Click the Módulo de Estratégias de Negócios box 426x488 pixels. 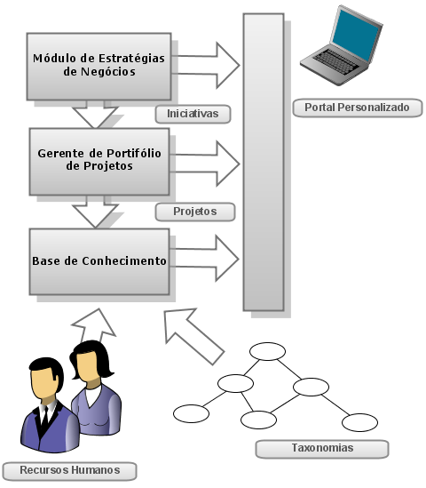(x=99, y=67)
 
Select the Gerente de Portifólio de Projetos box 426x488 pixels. (x=99, y=162)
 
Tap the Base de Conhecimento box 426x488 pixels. (x=99, y=261)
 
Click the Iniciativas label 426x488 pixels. (x=193, y=114)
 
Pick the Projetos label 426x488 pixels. (x=195, y=212)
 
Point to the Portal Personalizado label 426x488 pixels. (x=358, y=108)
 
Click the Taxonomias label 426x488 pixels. (x=322, y=449)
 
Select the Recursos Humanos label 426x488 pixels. (x=69, y=471)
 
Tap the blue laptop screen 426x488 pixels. (x=356, y=35)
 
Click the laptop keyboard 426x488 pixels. (x=335, y=62)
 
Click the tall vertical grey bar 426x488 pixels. (x=264, y=162)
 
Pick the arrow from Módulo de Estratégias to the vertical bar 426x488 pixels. (x=206, y=66)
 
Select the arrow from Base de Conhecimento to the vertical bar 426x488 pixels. (x=204, y=259)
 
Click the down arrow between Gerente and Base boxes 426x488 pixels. (x=95, y=212)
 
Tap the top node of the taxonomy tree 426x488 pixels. (x=267, y=351)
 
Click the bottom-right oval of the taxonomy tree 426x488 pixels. (x=359, y=422)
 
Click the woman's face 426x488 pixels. (x=88, y=366)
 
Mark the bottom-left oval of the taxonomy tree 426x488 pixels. (x=191, y=413)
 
